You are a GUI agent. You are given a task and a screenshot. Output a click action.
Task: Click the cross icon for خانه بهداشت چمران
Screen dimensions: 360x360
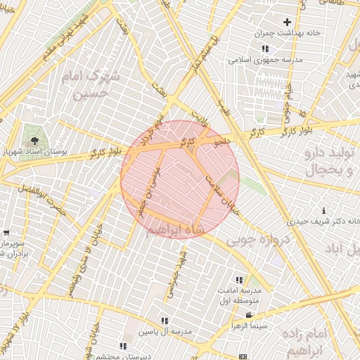coord(287,22)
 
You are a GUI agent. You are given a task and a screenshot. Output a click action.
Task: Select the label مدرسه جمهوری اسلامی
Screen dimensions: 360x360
coord(264,60)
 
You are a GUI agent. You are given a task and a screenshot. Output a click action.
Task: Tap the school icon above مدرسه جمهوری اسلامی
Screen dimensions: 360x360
coord(265,49)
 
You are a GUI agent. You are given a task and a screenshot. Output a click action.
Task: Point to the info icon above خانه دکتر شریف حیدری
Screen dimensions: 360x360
coord(323,211)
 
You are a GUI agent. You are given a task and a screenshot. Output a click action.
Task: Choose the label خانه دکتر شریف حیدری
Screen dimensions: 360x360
coord(323,221)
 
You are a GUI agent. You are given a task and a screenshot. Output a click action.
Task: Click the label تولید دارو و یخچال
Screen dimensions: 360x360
coord(330,160)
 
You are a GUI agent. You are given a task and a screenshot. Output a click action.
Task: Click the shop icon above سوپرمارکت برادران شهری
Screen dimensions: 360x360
coord(6,233)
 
